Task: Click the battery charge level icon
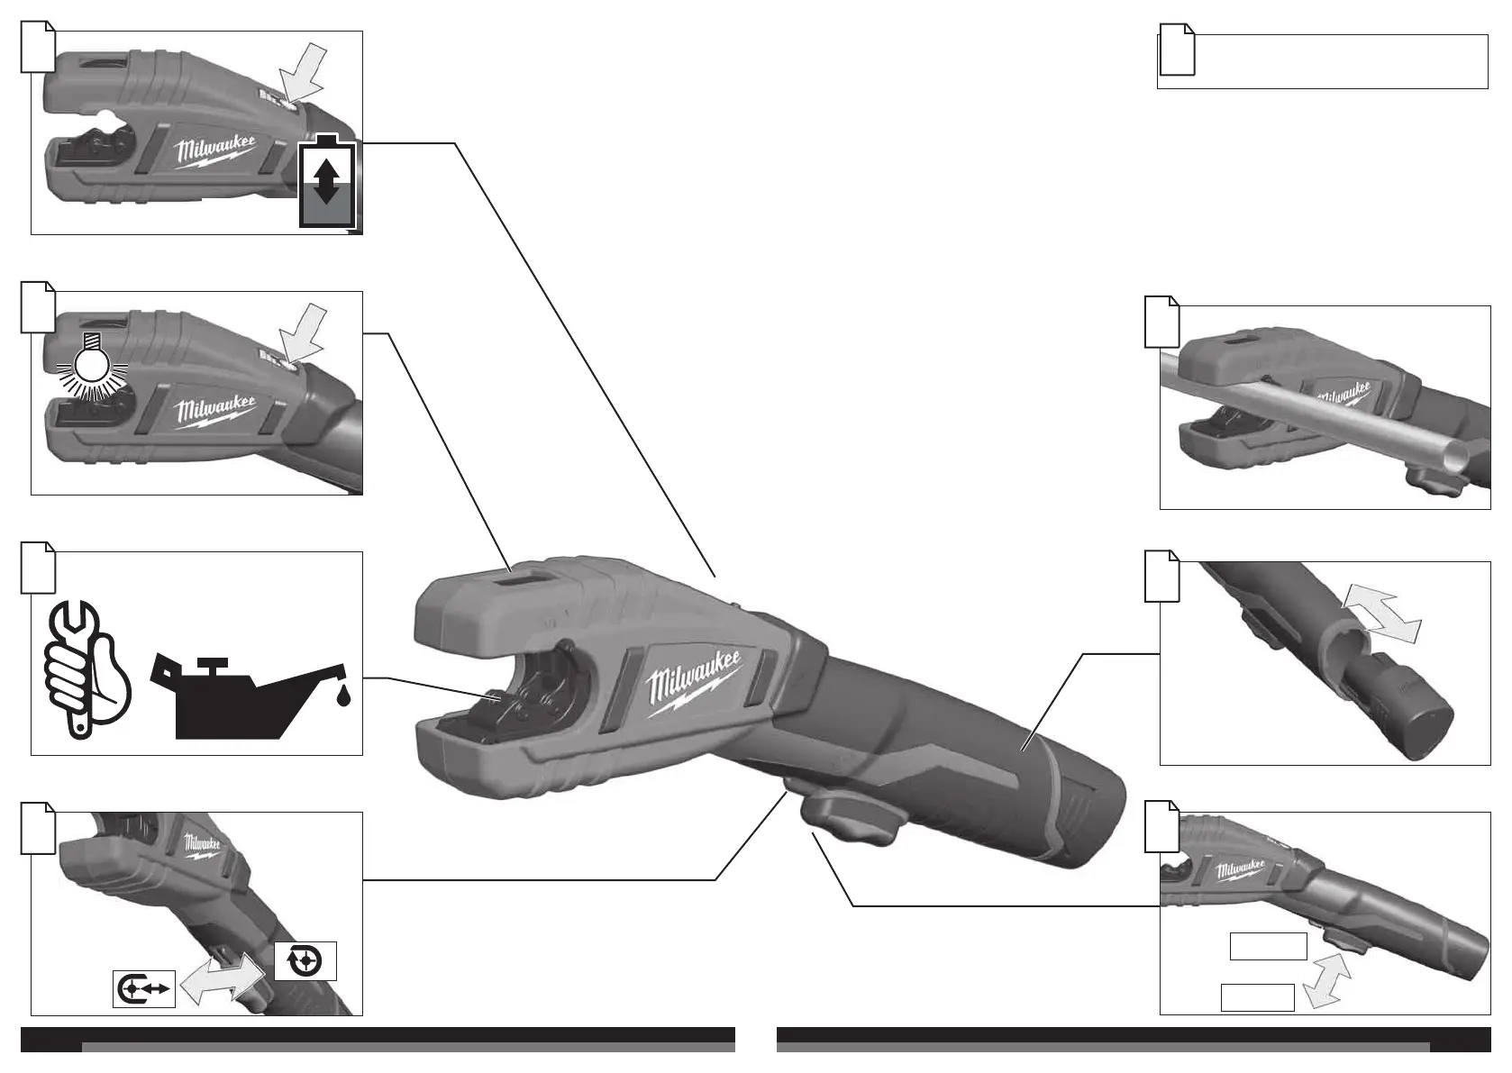[327, 183]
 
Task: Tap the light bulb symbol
[90, 365]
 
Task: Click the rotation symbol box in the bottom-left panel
[305, 961]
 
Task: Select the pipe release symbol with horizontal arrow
[144, 988]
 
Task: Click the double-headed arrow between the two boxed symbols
[223, 980]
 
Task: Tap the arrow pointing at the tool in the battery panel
[304, 72]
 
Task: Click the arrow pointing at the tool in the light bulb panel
[304, 333]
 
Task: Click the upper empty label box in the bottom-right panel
[1268, 946]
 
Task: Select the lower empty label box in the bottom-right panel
[1257, 997]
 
